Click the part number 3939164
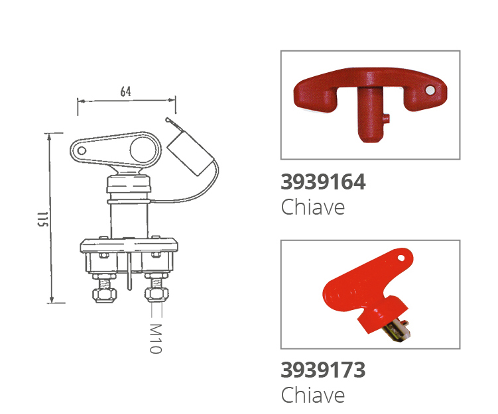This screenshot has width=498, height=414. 323,182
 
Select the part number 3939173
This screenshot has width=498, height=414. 323,370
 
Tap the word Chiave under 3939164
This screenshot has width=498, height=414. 313,207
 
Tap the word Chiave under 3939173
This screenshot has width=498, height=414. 313,395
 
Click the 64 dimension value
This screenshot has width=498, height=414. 125,91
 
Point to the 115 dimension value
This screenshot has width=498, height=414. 42,219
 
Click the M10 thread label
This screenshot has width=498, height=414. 156,338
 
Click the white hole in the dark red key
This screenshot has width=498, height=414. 430,90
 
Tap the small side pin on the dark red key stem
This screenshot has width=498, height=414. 386,119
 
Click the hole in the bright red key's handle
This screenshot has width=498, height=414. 401,258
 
